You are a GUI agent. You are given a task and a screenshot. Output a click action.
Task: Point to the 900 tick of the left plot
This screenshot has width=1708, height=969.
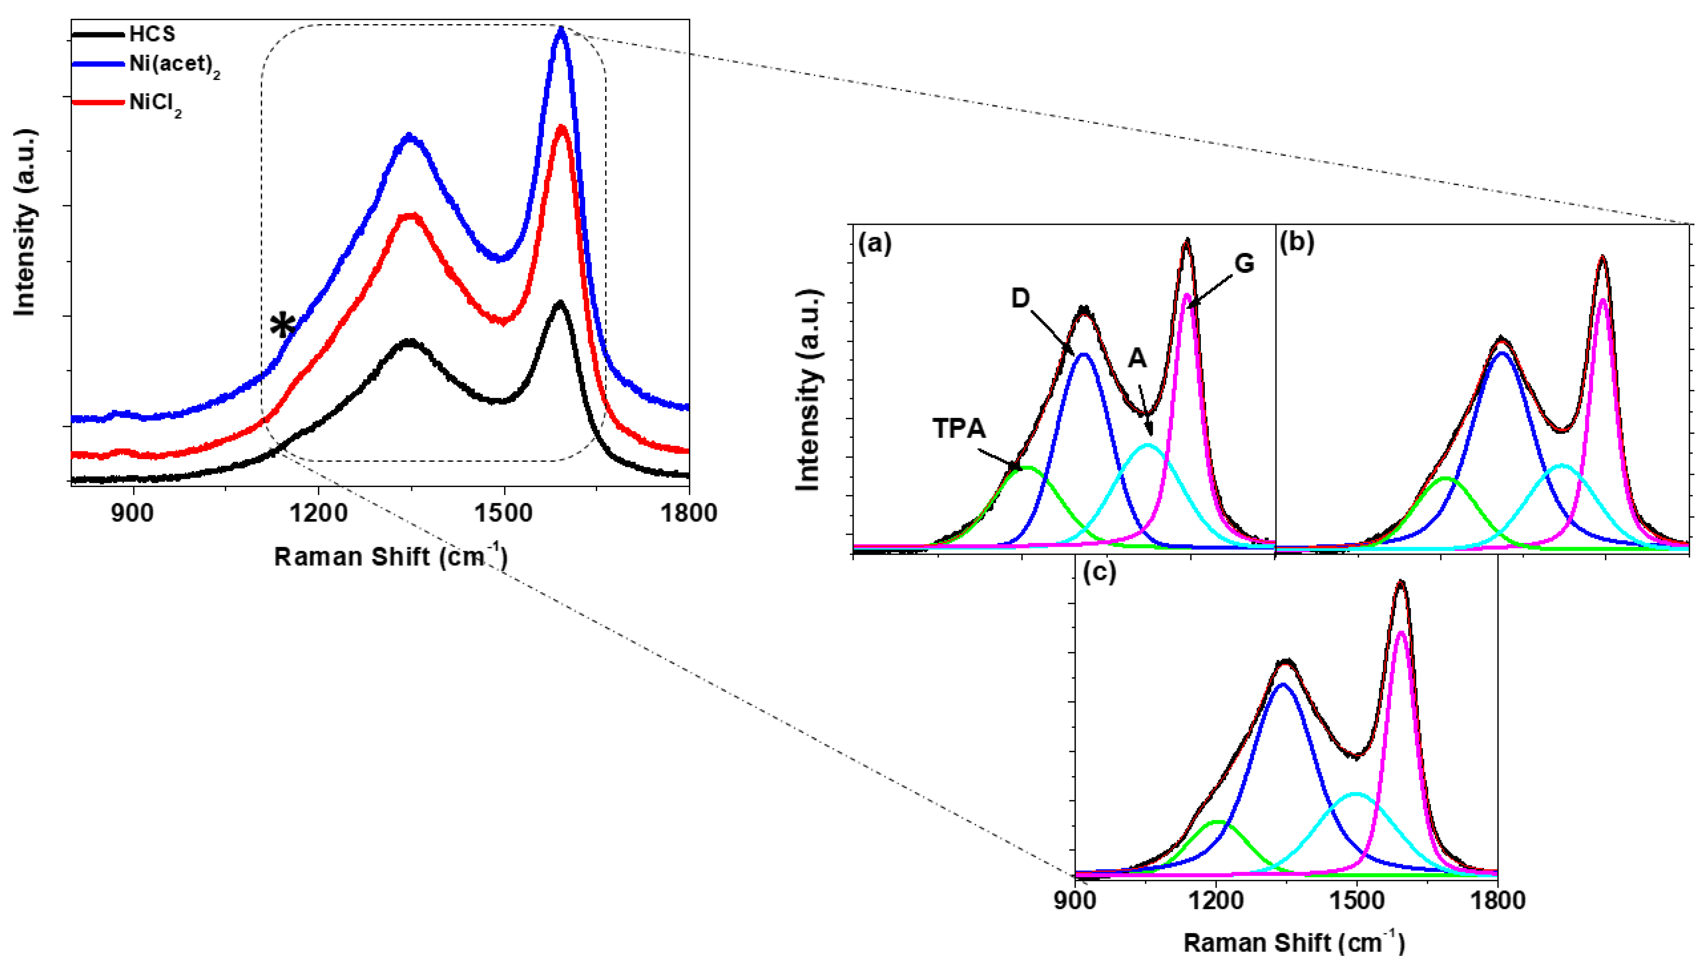pos(134,513)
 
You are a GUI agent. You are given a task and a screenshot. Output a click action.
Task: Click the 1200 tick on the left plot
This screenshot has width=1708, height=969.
pos(319,513)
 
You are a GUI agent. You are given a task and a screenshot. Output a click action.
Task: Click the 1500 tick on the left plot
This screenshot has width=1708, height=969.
pos(504,513)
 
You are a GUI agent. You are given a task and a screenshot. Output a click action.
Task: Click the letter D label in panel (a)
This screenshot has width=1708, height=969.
pos(1020,299)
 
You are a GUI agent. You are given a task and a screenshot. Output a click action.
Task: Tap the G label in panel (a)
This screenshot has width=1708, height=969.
pos(1244,264)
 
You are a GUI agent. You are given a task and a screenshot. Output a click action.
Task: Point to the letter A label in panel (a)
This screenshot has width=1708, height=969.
pos(1137,359)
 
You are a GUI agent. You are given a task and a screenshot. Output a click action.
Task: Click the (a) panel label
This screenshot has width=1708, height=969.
pos(874,244)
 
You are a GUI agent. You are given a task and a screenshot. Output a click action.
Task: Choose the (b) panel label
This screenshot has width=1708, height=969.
pos(1297,244)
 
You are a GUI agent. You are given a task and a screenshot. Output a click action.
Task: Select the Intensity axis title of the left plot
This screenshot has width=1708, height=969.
pos(24,223)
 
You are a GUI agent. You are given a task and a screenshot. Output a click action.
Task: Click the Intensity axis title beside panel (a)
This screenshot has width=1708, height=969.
pos(808,391)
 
